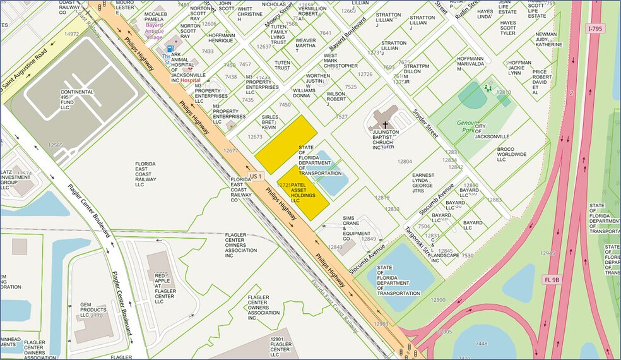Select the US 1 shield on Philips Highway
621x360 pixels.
(x=254, y=175)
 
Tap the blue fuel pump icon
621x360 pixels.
(x=169, y=48)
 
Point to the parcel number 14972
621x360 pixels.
(x=71, y=34)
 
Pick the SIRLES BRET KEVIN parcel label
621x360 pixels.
(x=269, y=123)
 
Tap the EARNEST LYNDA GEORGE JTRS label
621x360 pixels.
(x=423, y=183)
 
